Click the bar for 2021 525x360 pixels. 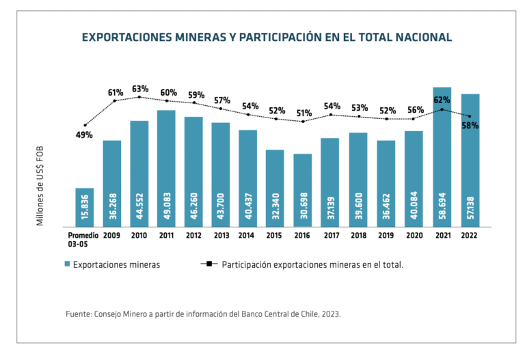[442, 156]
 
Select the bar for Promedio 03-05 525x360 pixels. [85, 207]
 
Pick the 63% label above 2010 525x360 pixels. [140, 89]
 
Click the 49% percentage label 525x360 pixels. [84, 135]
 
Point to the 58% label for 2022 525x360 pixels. [470, 126]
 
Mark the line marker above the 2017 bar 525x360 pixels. [330, 114]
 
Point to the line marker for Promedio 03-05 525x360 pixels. [85, 125]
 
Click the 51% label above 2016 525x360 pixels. [304, 113]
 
